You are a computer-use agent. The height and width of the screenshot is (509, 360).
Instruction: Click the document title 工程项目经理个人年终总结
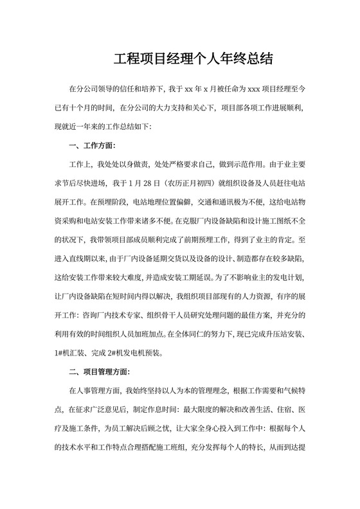click(194, 60)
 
